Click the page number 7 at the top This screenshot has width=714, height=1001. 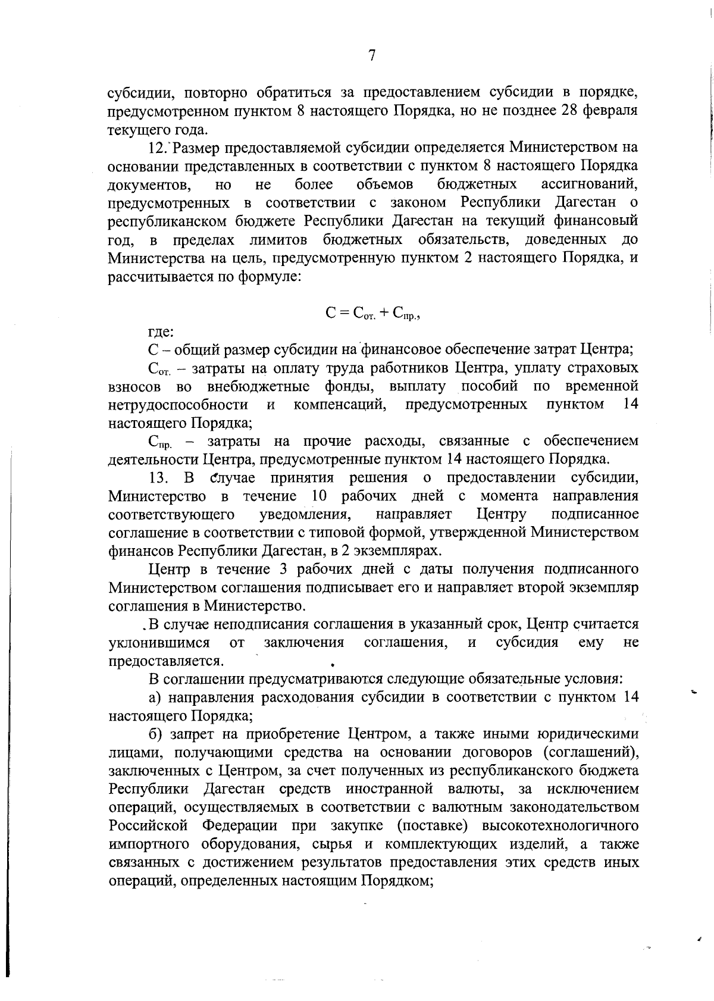pos(371,56)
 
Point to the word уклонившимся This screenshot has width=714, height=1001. pos(159,643)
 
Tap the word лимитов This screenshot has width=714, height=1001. pos(280,240)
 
